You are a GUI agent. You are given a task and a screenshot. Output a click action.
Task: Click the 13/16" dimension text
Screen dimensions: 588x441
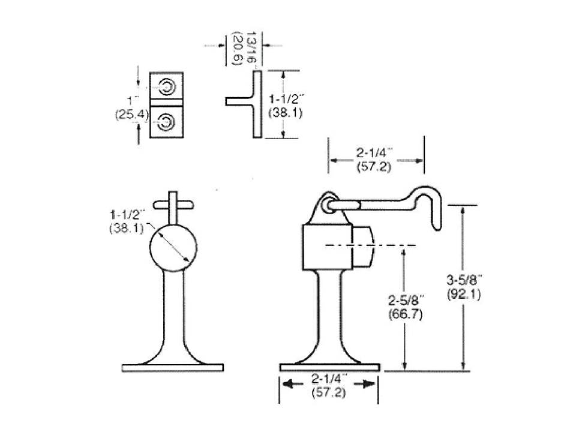click(251, 47)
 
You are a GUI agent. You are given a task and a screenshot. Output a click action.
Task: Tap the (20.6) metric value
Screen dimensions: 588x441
click(238, 49)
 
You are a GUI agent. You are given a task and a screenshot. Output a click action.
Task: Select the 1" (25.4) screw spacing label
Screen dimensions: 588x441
click(132, 107)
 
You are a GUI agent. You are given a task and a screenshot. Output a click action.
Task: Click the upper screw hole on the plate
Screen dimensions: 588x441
click(167, 87)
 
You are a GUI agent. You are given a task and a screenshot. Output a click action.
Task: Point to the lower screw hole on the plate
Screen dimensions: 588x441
click(166, 122)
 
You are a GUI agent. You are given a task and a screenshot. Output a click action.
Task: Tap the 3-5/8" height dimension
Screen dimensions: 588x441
click(464, 280)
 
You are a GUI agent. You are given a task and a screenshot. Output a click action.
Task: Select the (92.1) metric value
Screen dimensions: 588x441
click(464, 294)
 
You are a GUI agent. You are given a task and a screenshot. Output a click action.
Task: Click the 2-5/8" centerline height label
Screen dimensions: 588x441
click(406, 300)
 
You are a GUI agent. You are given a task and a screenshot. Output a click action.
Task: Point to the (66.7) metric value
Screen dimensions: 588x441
click(406, 314)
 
